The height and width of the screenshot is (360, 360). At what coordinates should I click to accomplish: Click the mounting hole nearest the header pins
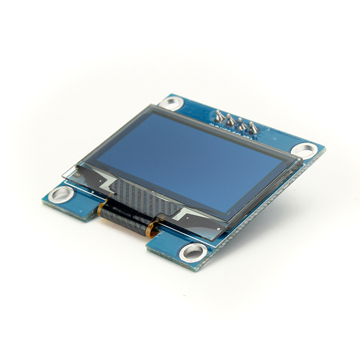pos(172,103)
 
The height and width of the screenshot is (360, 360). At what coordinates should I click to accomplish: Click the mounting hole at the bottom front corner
pos(193,251)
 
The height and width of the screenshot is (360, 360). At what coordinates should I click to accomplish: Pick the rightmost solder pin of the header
pos(253,128)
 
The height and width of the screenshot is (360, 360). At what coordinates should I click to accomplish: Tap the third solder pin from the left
pos(242,124)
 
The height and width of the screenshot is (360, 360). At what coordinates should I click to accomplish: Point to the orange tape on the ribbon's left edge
pos(101,208)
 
